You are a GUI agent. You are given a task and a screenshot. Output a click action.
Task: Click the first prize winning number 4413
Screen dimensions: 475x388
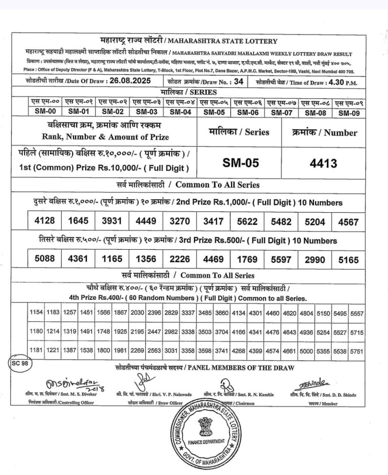323,164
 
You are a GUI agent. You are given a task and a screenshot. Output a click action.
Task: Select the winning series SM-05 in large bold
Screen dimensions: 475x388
241,164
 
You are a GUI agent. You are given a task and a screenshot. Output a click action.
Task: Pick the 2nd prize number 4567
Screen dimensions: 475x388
348,221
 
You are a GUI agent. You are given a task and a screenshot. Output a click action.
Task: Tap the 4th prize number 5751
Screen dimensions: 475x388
357,351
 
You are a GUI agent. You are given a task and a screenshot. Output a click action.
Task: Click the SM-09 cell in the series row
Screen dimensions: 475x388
349,113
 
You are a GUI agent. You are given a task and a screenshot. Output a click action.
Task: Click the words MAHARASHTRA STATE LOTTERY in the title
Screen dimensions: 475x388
233,42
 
